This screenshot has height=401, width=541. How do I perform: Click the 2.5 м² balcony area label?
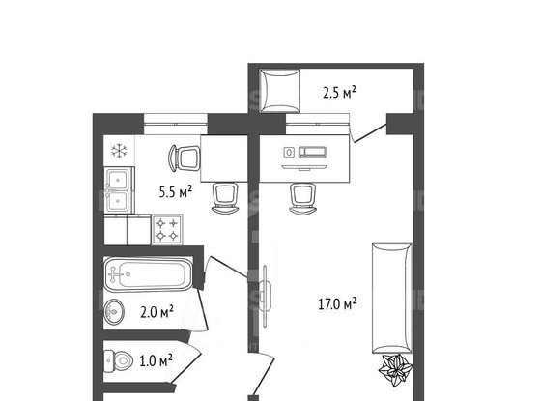coord(339,93)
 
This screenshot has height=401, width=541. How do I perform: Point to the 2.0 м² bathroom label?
coord(155,311)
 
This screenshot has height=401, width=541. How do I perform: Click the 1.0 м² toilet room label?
coord(156,361)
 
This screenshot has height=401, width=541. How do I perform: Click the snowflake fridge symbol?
coord(120,150)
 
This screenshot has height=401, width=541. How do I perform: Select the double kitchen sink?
coord(120,189)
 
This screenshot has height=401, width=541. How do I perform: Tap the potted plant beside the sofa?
coord(395,368)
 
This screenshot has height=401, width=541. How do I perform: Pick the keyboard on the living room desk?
coord(314,153)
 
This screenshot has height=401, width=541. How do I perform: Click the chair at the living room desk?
coord(301,194)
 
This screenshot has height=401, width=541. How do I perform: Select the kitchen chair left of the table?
coord(184,157)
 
